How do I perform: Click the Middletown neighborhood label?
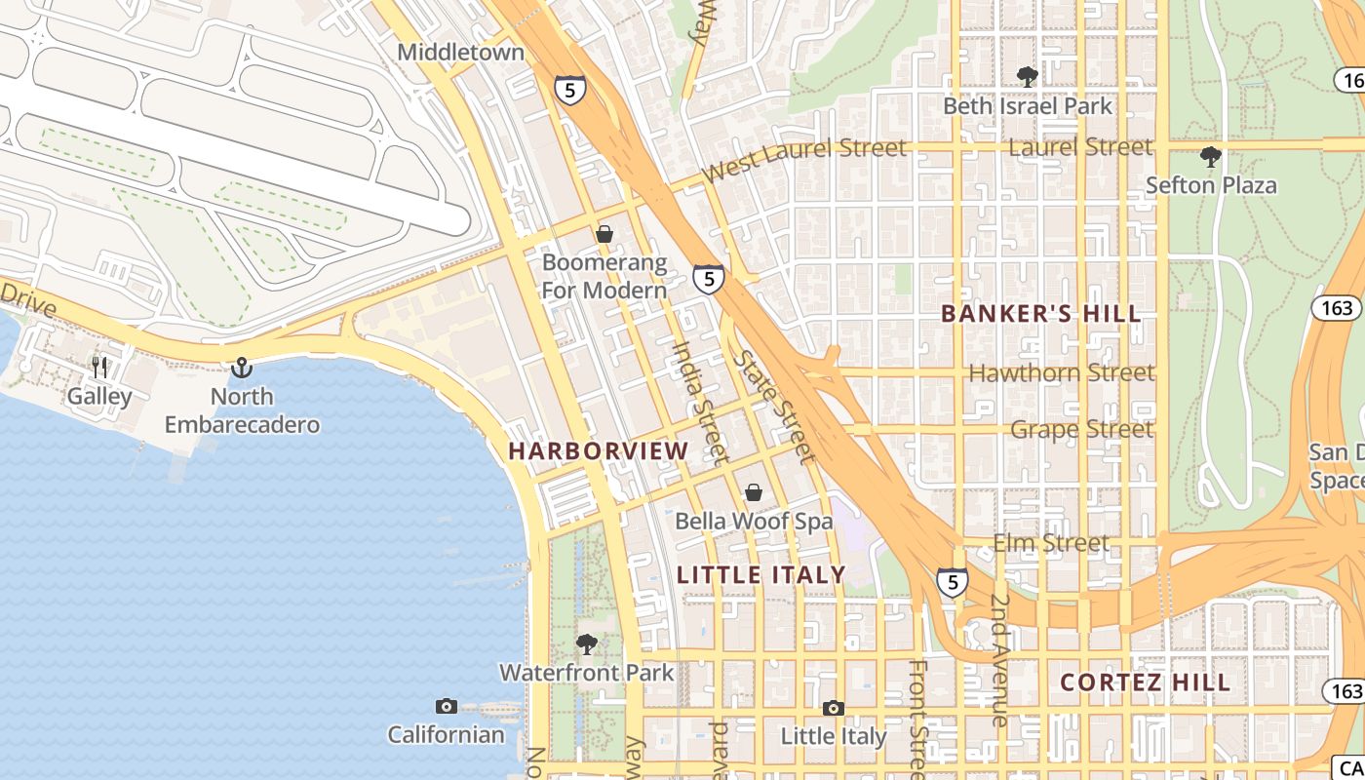(460, 53)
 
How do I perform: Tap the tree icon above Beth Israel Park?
(1026, 76)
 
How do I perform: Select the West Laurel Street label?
(804, 159)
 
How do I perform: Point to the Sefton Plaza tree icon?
(1210, 156)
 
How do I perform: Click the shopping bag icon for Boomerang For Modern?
(604, 234)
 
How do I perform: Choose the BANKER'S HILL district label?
(1040, 314)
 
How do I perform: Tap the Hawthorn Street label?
(1061, 372)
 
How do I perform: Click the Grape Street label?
(1080, 429)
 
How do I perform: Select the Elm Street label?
(1050, 543)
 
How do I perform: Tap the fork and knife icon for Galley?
(99, 367)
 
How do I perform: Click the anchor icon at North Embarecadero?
(241, 368)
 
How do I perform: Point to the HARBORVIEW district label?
(598, 450)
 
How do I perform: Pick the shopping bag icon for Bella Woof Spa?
(754, 492)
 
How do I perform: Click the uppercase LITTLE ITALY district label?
(760, 575)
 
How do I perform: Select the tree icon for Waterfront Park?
(586, 643)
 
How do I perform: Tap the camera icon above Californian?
(446, 706)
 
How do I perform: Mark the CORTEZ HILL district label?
(1145, 682)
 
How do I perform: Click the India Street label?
(700, 400)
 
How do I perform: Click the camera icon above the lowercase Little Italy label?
(833, 708)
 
